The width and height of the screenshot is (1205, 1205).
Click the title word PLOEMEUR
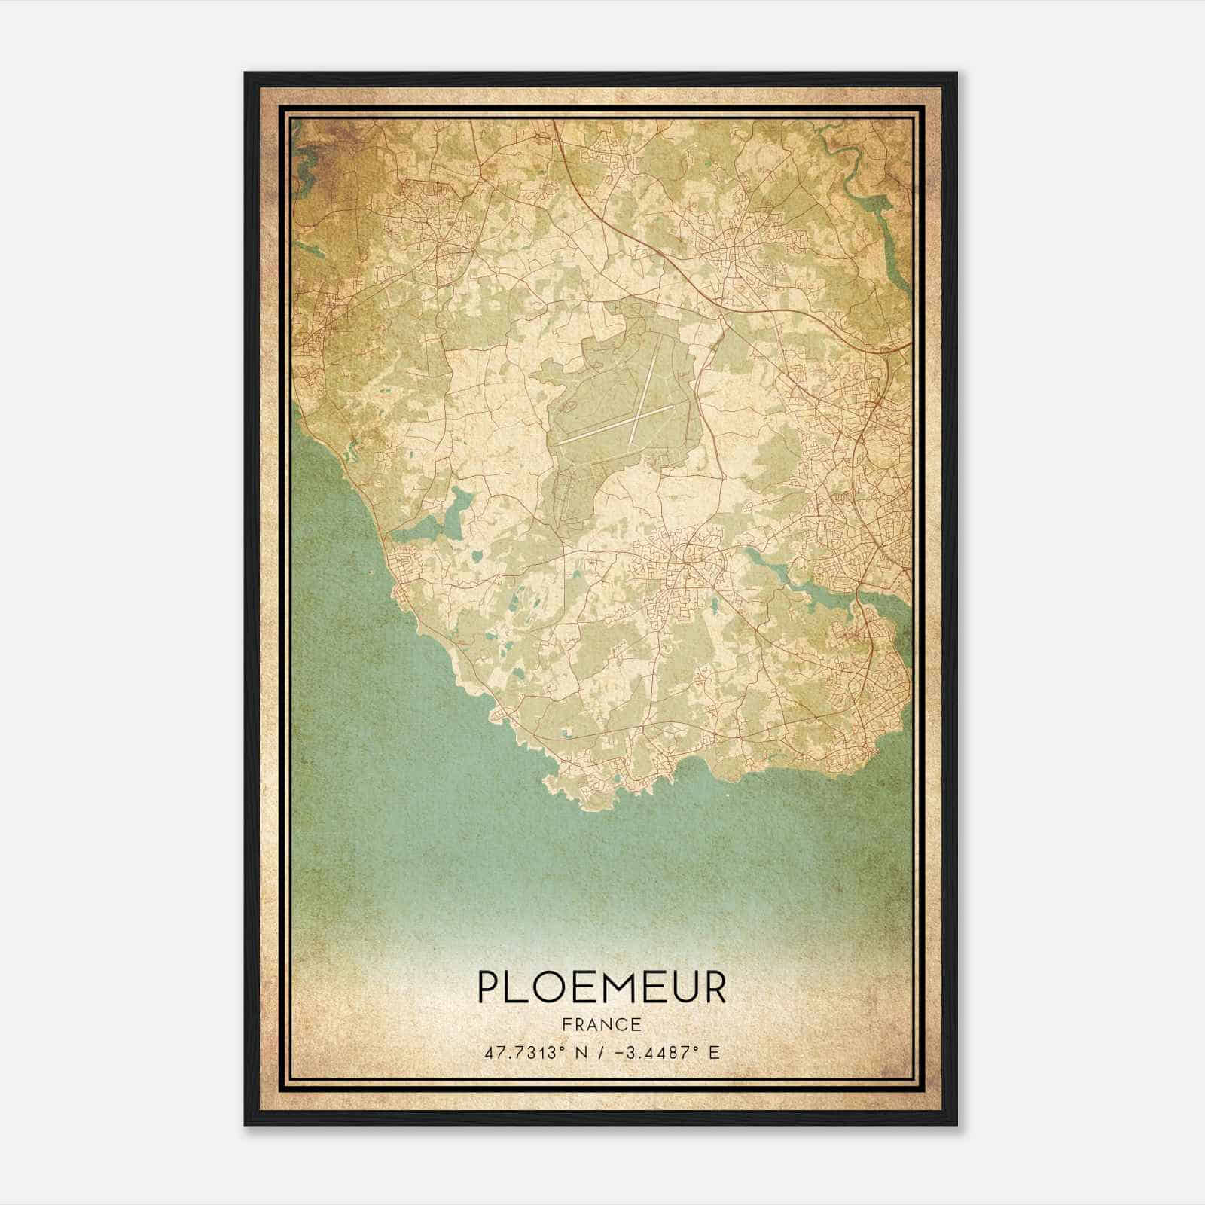(602, 987)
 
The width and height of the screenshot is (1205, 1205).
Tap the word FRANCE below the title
(601, 1024)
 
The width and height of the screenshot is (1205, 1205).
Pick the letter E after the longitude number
(714, 1051)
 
